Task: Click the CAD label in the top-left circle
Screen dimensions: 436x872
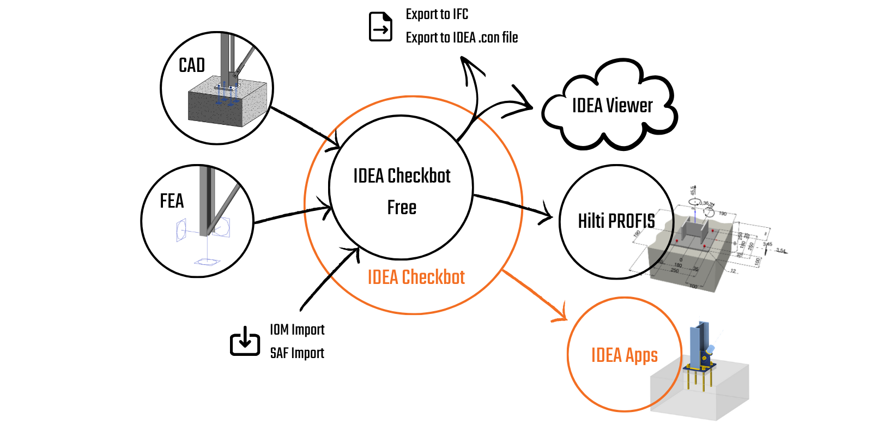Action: point(192,65)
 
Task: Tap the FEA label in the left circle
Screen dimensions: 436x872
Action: point(172,201)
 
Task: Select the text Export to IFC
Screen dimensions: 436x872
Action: point(437,14)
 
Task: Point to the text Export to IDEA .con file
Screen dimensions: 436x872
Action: point(462,38)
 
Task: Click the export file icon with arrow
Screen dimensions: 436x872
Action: point(380,27)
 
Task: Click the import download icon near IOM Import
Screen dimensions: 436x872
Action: point(245,341)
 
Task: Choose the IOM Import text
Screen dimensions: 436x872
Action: point(297,330)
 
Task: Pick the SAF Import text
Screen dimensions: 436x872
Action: point(297,353)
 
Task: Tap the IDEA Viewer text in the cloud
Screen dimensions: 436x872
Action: point(612,106)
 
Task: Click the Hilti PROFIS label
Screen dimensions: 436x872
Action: point(616,221)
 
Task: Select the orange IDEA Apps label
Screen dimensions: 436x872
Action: point(625,355)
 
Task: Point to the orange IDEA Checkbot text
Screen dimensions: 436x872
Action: point(416,277)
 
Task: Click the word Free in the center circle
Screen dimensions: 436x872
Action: point(402,208)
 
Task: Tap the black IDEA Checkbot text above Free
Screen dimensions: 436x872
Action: point(402,176)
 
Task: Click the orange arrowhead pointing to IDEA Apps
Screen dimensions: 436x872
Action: point(562,313)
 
